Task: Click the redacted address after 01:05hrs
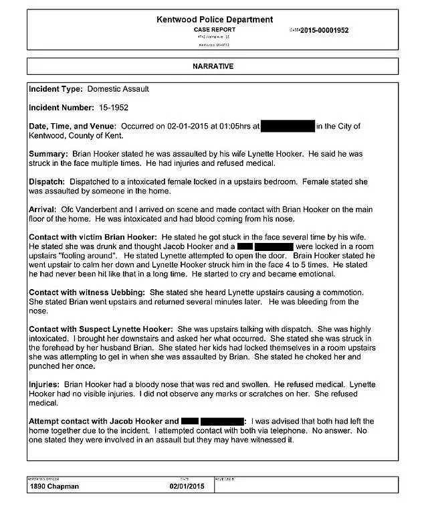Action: (288, 126)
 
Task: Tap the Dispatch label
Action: (48, 182)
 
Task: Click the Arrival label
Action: (43, 210)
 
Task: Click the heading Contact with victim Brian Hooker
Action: (92, 238)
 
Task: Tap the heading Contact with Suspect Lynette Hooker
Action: (100, 331)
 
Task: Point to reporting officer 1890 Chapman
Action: (56, 486)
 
